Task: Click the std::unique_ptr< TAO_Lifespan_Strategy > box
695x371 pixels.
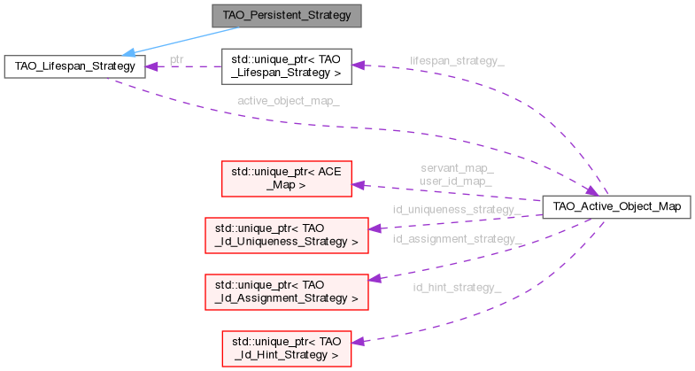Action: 286,66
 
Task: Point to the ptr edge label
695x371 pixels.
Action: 177,59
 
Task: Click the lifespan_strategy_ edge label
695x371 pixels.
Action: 457,61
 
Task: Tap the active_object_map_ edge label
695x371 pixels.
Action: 288,101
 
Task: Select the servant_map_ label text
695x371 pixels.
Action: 457,167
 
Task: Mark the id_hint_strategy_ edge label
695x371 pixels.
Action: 457,287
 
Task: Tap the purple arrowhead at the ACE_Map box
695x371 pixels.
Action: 359,184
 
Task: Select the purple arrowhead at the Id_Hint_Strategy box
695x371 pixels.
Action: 359,340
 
